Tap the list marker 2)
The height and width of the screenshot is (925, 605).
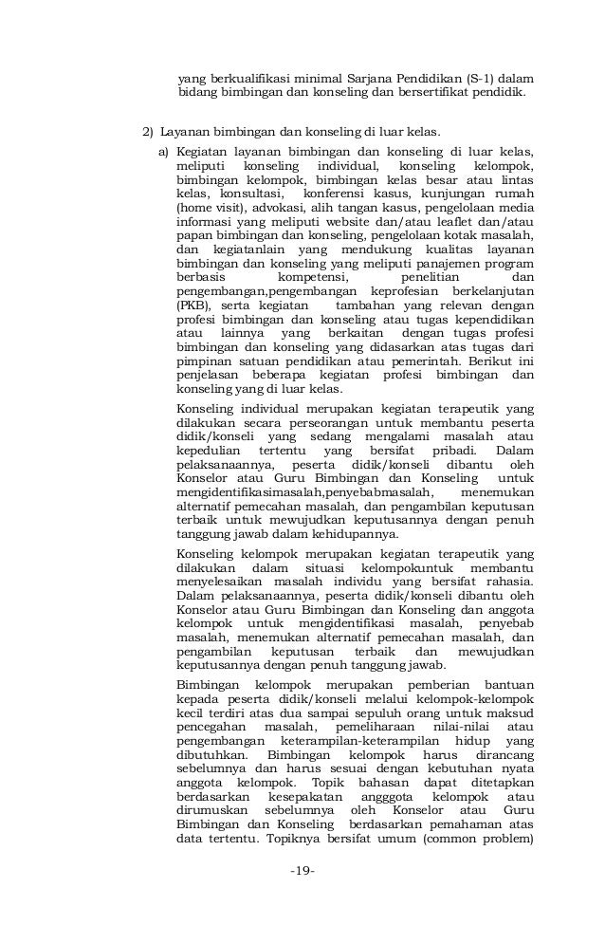pyautogui.click(x=148, y=131)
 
